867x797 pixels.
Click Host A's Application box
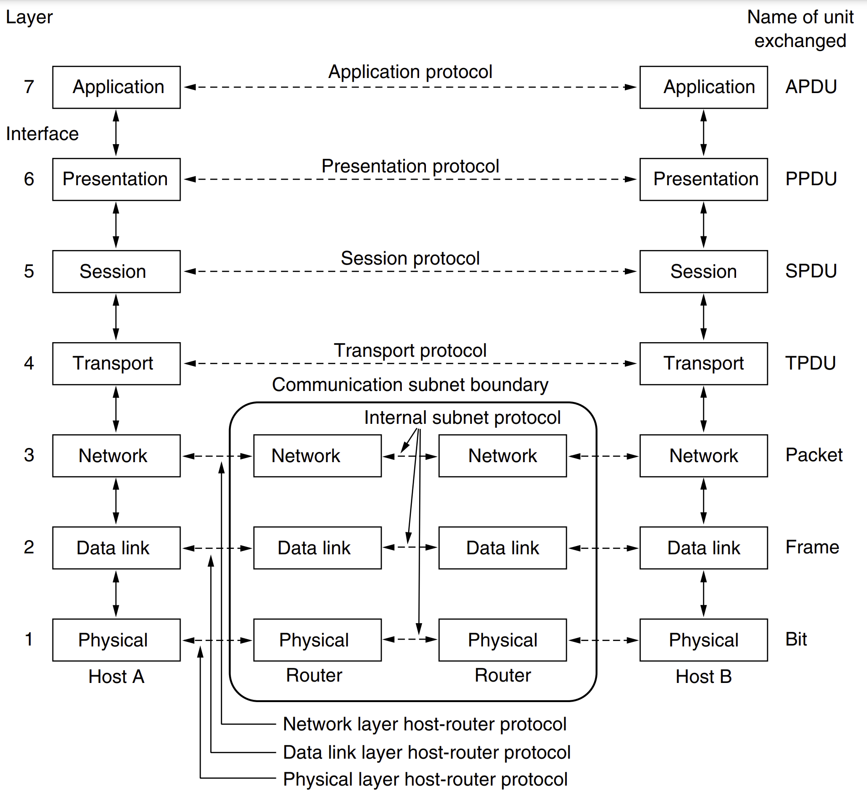116,87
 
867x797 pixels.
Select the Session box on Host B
703,271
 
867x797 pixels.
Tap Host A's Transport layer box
116,364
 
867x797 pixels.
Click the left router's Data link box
317,548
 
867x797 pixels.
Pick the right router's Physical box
503,640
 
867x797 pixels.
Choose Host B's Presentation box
703,179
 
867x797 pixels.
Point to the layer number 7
29,87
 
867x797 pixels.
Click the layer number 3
29,455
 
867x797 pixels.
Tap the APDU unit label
811,87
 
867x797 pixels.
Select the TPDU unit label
810,363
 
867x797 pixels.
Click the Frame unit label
812,547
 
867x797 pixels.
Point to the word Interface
42,134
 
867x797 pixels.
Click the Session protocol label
410,259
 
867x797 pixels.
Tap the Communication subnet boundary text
410,385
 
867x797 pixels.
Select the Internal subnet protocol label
462,418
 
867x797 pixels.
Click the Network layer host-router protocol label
425,724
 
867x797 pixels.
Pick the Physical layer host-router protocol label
425,780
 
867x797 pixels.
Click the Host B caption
704,677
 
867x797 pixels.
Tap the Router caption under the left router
314,675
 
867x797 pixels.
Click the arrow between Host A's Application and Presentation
116,133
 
